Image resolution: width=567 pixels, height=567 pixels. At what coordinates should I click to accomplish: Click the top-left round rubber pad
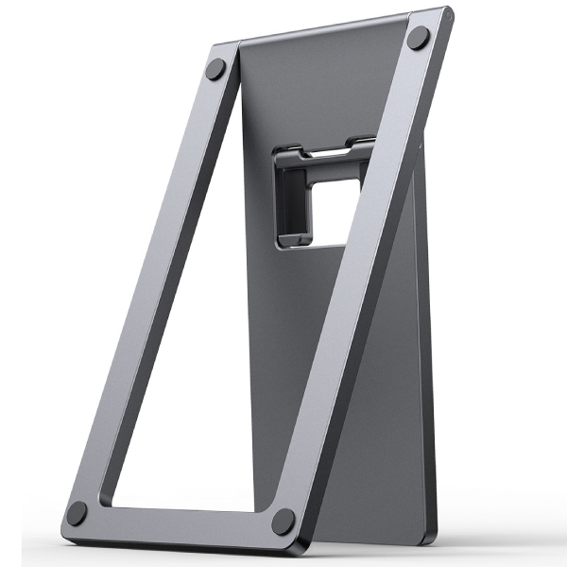tap(216, 69)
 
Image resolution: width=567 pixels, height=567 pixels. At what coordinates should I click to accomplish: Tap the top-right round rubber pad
tap(417, 41)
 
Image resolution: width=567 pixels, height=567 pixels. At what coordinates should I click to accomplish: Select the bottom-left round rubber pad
tap(77, 512)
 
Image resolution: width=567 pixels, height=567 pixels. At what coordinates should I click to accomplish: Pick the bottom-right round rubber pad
tap(282, 520)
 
